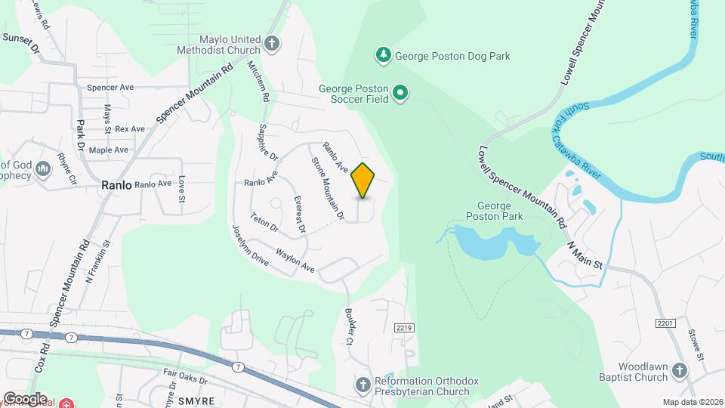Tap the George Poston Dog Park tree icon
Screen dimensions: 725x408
pyautogui.click(x=384, y=55)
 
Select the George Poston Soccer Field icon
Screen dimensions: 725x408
pyautogui.click(x=402, y=94)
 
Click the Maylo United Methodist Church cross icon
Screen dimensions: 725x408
pyautogui.click(x=272, y=44)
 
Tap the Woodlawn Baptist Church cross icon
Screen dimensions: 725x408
pyautogui.click(x=680, y=370)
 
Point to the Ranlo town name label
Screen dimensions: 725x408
pyautogui.click(x=117, y=184)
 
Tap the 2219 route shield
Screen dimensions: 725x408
pyautogui.click(x=403, y=327)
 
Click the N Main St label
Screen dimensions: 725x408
pyautogui.click(x=584, y=255)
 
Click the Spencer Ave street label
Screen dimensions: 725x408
pyautogui.click(x=110, y=88)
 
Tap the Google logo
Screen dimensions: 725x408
pyautogui.click(x=25, y=398)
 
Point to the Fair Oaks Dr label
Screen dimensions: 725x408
pyautogui.click(x=185, y=372)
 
